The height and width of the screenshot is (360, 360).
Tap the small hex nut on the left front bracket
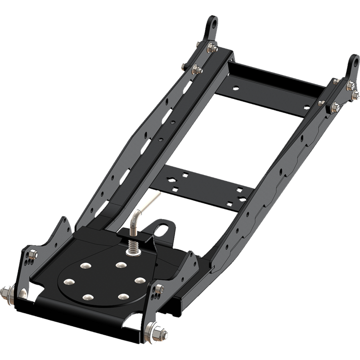coord(33,255)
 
